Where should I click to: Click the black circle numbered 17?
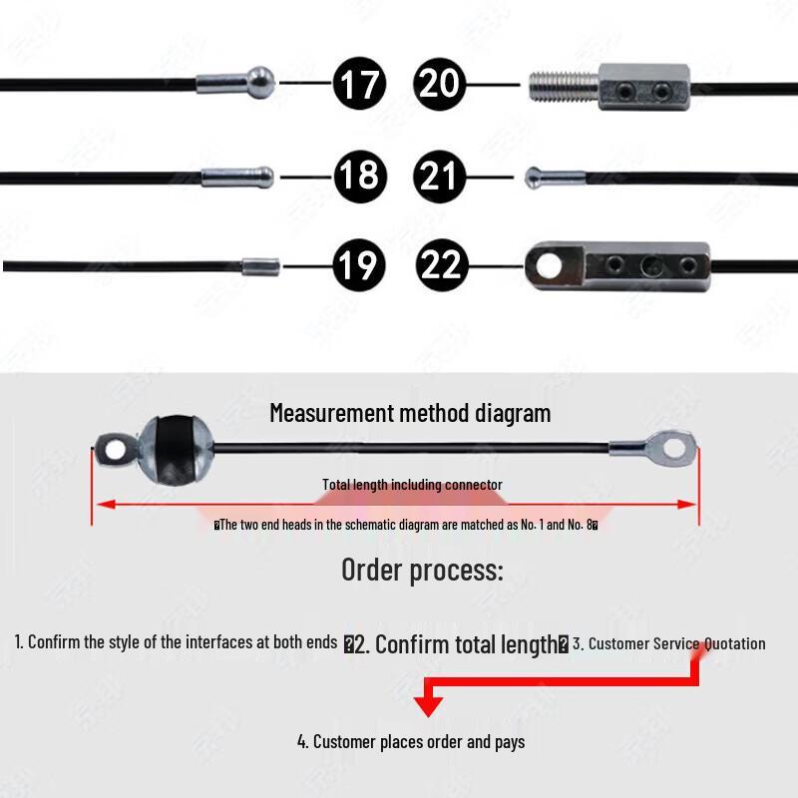[359, 82]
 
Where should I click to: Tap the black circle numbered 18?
[359, 177]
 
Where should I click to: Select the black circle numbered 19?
[359, 265]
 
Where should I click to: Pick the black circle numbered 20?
[441, 82]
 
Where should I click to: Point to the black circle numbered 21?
[441, 177]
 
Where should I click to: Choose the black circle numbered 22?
[441, 265]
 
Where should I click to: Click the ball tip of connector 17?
[260, 81]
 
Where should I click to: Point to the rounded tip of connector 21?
[534, 177]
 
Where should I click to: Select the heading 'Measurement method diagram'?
[410, 412]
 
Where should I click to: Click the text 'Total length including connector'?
[412, 485]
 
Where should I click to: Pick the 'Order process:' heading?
[422, 570]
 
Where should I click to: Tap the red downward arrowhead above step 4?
[428, 706]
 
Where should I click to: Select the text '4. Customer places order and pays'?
[411, 741]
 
